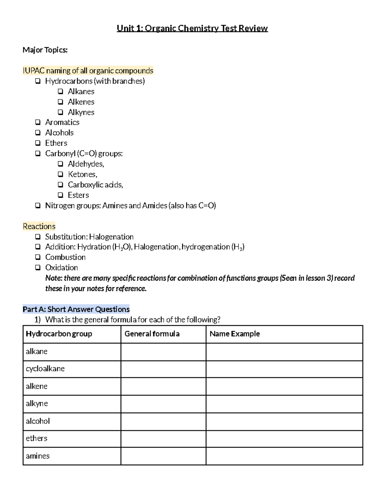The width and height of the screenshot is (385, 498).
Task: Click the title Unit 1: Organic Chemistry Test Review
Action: point(192,29)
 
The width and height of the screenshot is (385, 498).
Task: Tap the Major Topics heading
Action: point(45,50)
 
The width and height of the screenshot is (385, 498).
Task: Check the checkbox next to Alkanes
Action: point(61,91)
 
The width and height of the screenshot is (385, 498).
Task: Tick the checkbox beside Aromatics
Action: point(38,122)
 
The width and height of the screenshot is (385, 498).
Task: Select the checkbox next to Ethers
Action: point(38,143)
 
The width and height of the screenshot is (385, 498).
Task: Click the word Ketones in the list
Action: point(82,174)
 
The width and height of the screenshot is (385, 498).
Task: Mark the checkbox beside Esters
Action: point(61,195)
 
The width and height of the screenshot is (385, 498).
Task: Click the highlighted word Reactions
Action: point(39,226)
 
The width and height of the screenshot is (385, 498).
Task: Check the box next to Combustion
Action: point(38,257)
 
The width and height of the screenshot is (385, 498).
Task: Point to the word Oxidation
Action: point(61,267)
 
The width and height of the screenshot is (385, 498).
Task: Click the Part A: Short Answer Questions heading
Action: point(76,309)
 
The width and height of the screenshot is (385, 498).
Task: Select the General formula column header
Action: point(152,334)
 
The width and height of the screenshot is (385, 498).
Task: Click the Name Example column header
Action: point(235,334)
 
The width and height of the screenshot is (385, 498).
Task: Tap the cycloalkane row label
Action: point(45,369)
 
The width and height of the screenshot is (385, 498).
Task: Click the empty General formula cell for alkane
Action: point(163,352)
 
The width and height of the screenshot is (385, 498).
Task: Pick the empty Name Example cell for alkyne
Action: point(284,404)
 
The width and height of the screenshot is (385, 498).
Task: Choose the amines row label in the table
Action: point(38,456)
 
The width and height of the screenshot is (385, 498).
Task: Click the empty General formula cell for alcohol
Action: point(163,421)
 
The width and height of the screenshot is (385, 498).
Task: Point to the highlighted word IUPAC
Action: point(33,71)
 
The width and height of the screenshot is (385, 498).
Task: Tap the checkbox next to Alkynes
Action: point(61,112)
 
